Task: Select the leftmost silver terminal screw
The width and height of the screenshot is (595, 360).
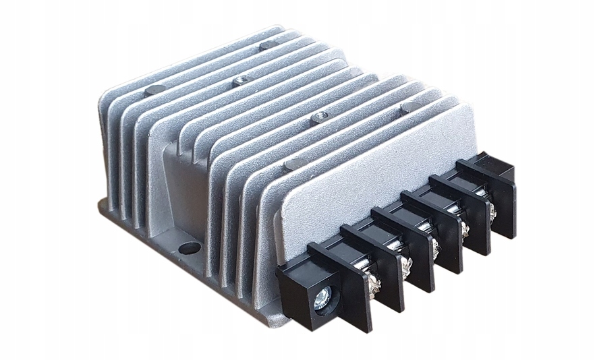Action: pyautogui.click(x=374, y=283)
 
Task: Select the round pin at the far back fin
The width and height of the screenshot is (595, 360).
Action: pyautogui.click(x=268, y=45)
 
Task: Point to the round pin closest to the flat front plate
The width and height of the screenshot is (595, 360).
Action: pyautogui.click(x=293, y=164)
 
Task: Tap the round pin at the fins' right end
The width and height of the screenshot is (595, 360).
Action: pyautogui.click(x=409, y=107)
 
